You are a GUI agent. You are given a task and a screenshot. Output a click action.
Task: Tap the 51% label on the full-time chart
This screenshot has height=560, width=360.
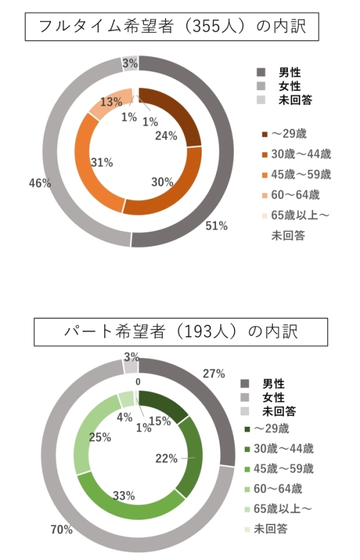point(217,226)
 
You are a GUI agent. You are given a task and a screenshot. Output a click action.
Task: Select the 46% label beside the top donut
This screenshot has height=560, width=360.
point(39,184)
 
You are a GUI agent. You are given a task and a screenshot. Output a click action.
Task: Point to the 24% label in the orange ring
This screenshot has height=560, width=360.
point(166,136)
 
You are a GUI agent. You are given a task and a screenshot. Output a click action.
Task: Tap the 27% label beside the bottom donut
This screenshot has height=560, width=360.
point(214,373)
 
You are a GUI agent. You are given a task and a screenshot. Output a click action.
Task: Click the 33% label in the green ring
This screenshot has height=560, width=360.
point(124,496)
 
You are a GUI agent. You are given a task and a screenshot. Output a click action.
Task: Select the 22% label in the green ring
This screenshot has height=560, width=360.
point(166,459)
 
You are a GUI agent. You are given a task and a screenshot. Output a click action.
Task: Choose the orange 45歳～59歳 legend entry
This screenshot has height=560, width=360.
point(297,175)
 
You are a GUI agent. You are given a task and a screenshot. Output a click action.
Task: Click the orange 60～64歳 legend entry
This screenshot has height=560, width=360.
point(292,194)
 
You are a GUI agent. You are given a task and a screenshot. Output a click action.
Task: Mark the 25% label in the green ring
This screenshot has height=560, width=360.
point(99,437)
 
